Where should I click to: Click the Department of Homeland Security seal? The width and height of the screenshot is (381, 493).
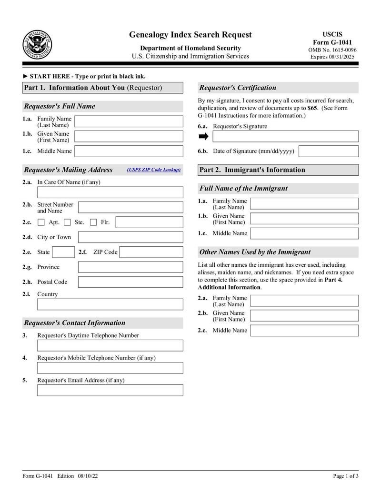[x=37, y=44]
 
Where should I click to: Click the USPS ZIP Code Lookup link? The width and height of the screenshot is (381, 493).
[x=154, y=170]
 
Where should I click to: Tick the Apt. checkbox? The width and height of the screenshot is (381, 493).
[x=41, y=222]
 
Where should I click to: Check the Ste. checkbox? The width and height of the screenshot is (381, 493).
[x=67, y=222]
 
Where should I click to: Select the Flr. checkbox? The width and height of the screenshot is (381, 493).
[x=93, y=222]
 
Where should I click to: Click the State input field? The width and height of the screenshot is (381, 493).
[x=63, y=252]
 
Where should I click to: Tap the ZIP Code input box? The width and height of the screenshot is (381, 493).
[x=151, y=252]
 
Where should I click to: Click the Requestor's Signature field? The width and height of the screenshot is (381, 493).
[x=285, y=137]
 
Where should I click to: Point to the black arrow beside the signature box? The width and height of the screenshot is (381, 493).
[x=203, y=137]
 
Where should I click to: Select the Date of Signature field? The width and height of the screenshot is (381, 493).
[x=328, y=151]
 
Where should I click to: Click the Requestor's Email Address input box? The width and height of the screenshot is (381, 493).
[x=110, y=391]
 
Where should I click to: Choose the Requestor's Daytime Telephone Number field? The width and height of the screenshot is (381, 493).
[x=110, y=346]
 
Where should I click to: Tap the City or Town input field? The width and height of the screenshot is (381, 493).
[x=130, y=237]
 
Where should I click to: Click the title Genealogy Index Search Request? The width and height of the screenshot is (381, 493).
[x=190, y=35]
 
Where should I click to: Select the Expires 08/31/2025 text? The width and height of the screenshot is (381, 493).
[x=332, y=57]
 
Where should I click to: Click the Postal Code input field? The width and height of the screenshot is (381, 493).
[x=130, y=282]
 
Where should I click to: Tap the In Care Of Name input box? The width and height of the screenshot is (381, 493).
[x=110, y=192]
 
